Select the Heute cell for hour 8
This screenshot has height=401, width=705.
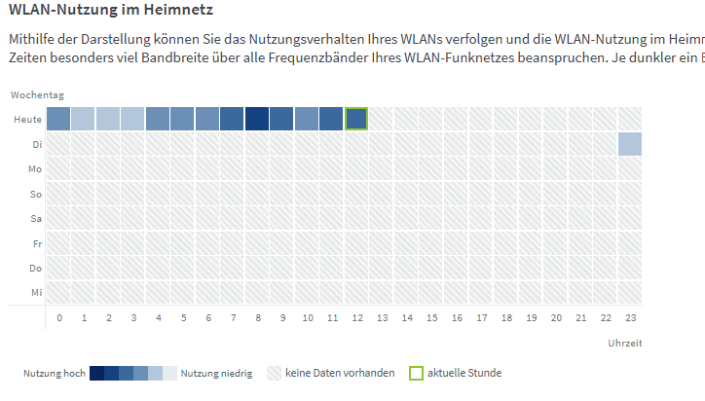pos(257,119)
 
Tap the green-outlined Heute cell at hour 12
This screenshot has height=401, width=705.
pos(356,119)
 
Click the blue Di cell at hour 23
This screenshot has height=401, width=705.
pos(630,144)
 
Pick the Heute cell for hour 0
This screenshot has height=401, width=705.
pos(58,119)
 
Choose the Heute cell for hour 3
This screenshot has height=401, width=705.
pos(133,119)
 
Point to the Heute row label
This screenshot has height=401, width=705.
pos(28,120)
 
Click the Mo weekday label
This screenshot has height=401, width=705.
pos(34,169)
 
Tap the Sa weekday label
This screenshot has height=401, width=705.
pos(35,218)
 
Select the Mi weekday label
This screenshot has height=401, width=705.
pos(35,292)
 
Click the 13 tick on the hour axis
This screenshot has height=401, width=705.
pos(382,318)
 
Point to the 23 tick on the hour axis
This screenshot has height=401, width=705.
pos(630,318)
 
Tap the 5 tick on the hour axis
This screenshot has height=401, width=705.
pos(183,318)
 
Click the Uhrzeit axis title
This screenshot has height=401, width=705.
pos(624,343)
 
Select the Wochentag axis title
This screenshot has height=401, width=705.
pos(37,95)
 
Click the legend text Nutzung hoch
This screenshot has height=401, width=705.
pos(54,374)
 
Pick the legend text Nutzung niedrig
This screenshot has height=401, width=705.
pos(216,374)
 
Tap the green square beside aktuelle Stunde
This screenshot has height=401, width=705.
pos(416,373)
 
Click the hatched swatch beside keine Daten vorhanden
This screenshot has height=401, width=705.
pos(274,373)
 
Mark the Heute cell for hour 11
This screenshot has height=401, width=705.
pos(332,119)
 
